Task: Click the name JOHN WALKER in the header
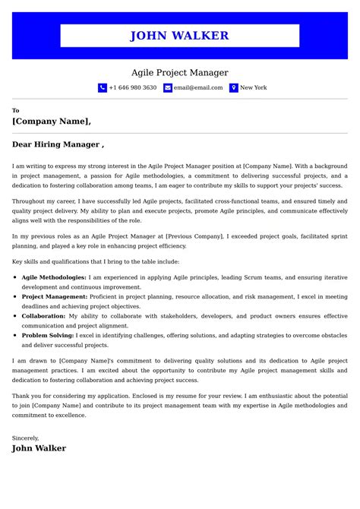(179, 36)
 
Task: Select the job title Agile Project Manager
(180, 73)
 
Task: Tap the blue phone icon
(103, 88)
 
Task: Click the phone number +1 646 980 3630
(133, 88)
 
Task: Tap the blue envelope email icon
(168, 88)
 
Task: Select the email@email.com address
(198, 88)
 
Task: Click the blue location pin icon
(234, 88)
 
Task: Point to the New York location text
(254, 88)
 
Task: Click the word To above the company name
(16, 110)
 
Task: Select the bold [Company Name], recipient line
(52, 121)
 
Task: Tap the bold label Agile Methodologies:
(54, 278)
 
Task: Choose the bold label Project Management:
(54, 297)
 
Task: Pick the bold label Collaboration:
(43, 316)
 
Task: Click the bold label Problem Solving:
(48, 335)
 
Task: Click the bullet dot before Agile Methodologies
(15, 278)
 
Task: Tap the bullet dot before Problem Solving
(15, 335)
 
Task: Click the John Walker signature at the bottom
(39, 448)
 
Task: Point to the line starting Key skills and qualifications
(96, 261)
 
